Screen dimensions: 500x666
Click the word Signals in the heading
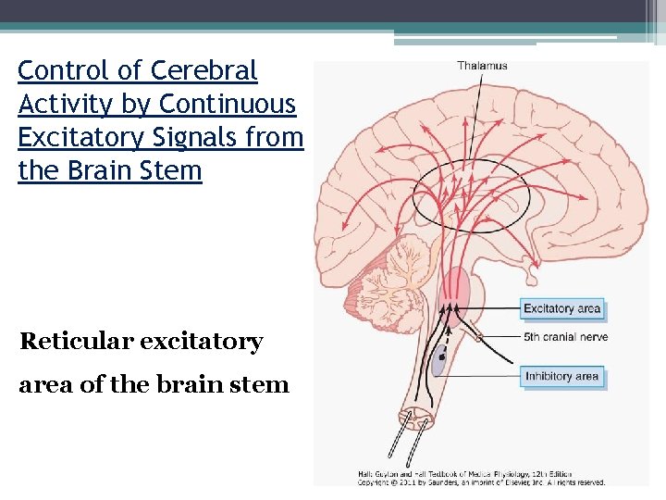[198, 137]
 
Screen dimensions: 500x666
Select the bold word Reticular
[75, 342]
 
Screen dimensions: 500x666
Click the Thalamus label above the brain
[481, 66]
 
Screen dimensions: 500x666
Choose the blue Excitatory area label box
[561, 308]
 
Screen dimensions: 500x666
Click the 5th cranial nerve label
[565, 337]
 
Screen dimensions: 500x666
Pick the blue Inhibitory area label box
[561, 376]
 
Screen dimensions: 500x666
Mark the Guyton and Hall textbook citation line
[465, 474]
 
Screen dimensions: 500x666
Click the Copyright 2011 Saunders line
[481, 482]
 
